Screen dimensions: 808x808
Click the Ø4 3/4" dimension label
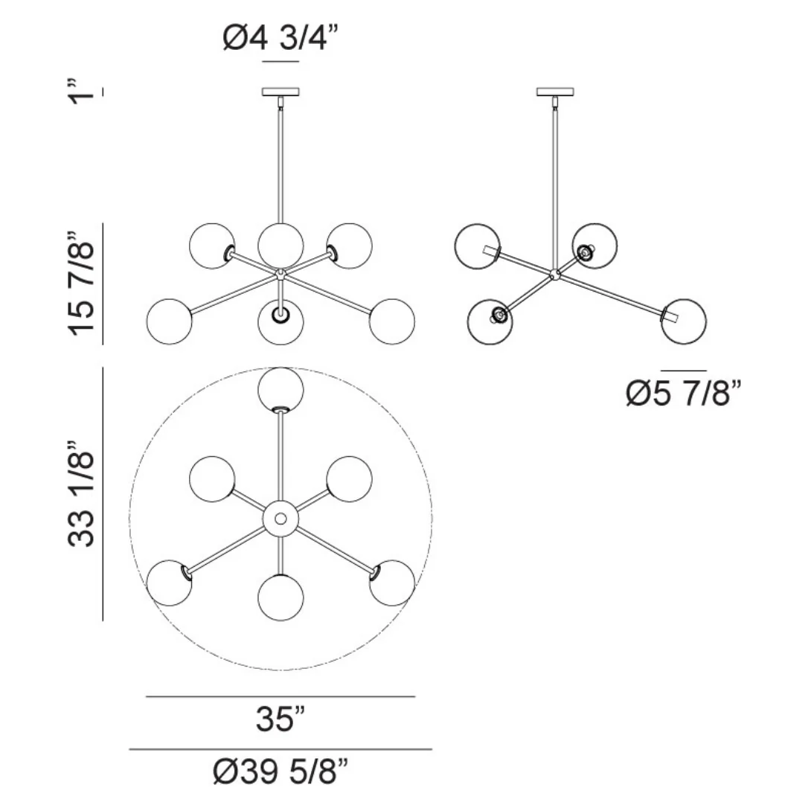(282, 38)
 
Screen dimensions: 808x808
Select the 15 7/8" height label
(82, 283)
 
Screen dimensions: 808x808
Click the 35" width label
(280, 719)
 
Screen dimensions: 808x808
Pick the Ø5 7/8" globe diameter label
(683, 393)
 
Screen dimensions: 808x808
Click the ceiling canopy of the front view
(280, 92)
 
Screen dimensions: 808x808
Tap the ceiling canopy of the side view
(555, 92)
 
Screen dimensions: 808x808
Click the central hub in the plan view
(280, 518)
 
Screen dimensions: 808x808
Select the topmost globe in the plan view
(280, 389)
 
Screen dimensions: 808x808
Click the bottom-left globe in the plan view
(169, 583)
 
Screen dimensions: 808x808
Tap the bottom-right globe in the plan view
(392, 583)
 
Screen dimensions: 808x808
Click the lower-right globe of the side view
(683, 321)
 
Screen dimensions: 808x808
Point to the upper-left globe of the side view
(477, 246)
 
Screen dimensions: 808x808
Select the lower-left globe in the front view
(169, 321)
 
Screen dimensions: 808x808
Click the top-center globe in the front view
(280, 243)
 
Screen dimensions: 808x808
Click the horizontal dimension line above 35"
(280, 697)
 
